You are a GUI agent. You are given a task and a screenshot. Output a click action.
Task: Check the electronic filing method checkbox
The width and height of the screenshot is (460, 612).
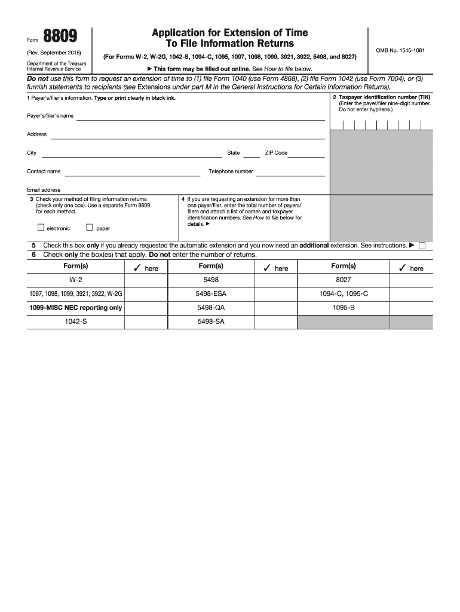click(41, 227)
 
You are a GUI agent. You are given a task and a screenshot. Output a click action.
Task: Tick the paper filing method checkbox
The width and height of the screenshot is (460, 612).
click(90, 227)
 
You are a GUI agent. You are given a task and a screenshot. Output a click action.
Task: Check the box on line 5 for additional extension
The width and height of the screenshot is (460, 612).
click(422, 246)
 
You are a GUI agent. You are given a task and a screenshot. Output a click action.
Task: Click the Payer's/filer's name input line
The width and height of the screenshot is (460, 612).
click(200, 117)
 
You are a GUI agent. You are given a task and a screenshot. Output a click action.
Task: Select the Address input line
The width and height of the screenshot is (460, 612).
click(188, 135)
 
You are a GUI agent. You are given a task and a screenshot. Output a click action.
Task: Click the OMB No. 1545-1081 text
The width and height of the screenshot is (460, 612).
click(400, 50)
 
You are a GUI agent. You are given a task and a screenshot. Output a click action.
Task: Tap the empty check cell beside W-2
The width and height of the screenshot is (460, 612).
click(146, 280)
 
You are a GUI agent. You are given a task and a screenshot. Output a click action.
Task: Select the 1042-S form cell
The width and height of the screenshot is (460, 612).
click(76, 322)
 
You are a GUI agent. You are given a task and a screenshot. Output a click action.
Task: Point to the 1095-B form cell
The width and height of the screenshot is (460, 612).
click(344, 308)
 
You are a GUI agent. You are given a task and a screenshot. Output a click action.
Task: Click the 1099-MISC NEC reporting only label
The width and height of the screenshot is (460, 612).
click(76, 308)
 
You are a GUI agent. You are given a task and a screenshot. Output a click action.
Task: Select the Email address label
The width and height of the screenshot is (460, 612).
click(44, 190)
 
